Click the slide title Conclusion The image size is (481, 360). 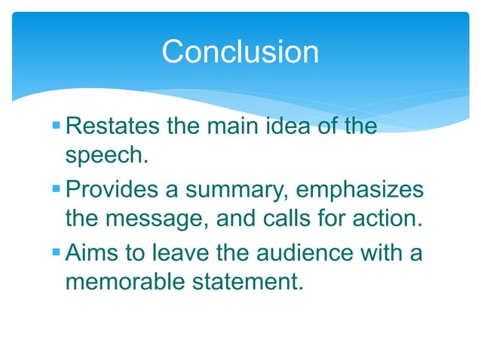240,52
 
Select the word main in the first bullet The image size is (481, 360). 238,126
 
